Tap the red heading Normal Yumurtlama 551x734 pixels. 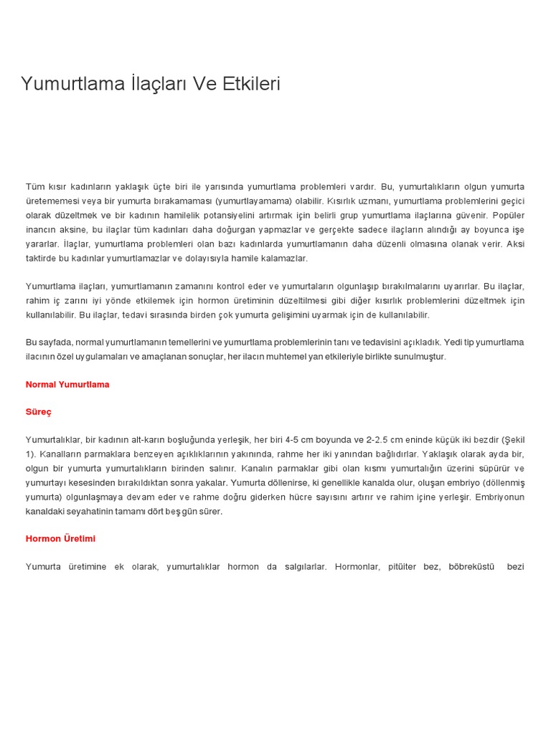point(67,384)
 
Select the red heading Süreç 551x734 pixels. point(39,412)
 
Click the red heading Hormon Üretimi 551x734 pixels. point(60,538)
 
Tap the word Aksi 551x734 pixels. point(515,244)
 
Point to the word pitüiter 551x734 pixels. point(402,567)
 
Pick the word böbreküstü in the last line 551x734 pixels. point(472,567)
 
